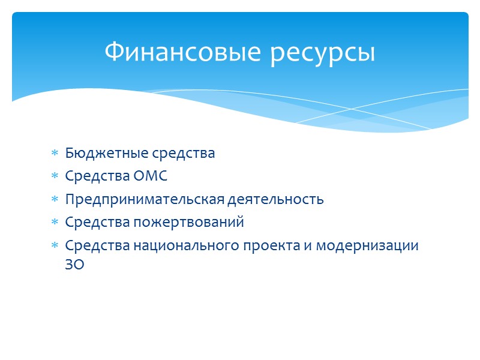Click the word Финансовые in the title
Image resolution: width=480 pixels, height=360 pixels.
coord(182,52)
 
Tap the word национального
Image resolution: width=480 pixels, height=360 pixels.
coord(170,245)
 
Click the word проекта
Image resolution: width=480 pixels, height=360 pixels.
coord(248,245)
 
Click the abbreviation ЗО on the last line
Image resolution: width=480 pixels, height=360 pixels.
coord(75,265)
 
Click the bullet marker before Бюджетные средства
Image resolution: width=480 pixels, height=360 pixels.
coord(54,154)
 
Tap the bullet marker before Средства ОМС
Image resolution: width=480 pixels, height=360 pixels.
coord(54,176)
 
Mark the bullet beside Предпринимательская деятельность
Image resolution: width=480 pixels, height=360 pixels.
coord(54,200)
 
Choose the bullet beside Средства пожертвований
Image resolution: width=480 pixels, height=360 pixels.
coord(54,223)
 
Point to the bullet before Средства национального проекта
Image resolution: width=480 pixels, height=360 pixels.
coord(54,246)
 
